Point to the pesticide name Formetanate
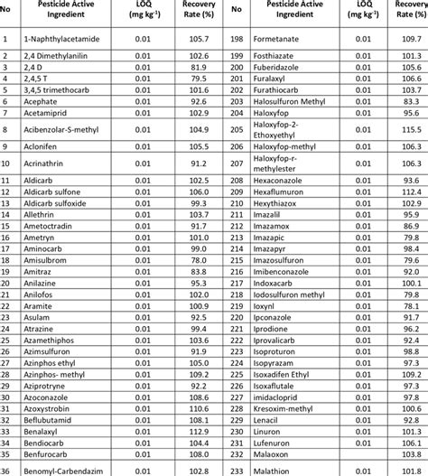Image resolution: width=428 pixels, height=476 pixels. pos(281,40)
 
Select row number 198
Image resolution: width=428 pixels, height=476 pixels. pos(237,40)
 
